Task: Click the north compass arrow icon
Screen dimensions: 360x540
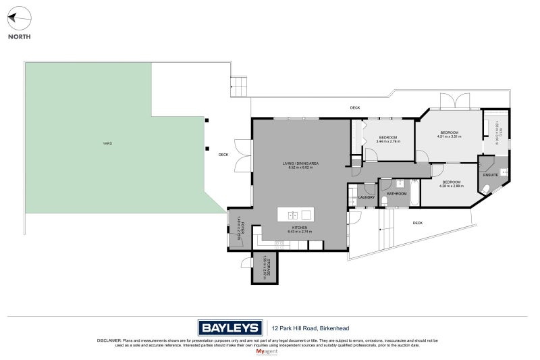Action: pos(19,19)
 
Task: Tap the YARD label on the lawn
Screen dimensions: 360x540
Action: pos(107,144)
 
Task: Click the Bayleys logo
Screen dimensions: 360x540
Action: pos(229,328)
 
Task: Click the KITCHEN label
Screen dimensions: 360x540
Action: pos(300,228)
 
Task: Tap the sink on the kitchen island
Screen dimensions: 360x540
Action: pos(294,215)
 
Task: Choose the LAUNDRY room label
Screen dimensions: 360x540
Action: pos(367,197)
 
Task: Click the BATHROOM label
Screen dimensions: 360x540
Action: pos(397,194)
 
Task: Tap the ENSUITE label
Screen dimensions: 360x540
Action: pos(491,175)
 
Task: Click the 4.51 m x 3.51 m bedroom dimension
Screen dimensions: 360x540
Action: pos(449,137)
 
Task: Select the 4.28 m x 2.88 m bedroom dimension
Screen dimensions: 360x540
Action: pos(452,186)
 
